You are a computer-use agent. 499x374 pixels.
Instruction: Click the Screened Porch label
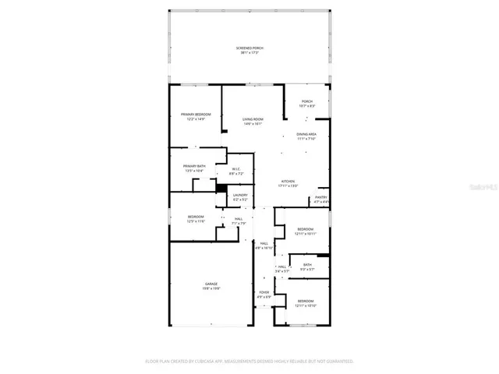click(x=249, y=48)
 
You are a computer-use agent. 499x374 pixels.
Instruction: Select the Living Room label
click(x=252, y=119)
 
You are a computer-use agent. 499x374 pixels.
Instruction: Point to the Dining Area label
click(x=306, y=135)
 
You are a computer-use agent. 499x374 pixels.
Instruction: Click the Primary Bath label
click(x=194, y=167)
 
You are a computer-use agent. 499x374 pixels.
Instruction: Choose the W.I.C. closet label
click(x=236, y=171)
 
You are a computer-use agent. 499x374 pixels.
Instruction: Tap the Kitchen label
click(x=288, y=182)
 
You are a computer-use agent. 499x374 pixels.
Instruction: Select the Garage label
click(x=211, y=284)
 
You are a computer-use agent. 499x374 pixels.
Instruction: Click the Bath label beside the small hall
click(x=307, y=266)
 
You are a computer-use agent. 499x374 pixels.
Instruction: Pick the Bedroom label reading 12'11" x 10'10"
click(x=305, y=302)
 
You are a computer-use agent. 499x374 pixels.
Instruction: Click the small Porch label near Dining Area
click(x=307, y=101)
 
